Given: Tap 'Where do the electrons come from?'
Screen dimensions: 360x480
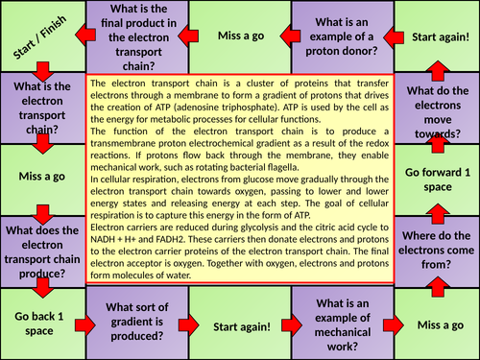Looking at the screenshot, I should (436, 252).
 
